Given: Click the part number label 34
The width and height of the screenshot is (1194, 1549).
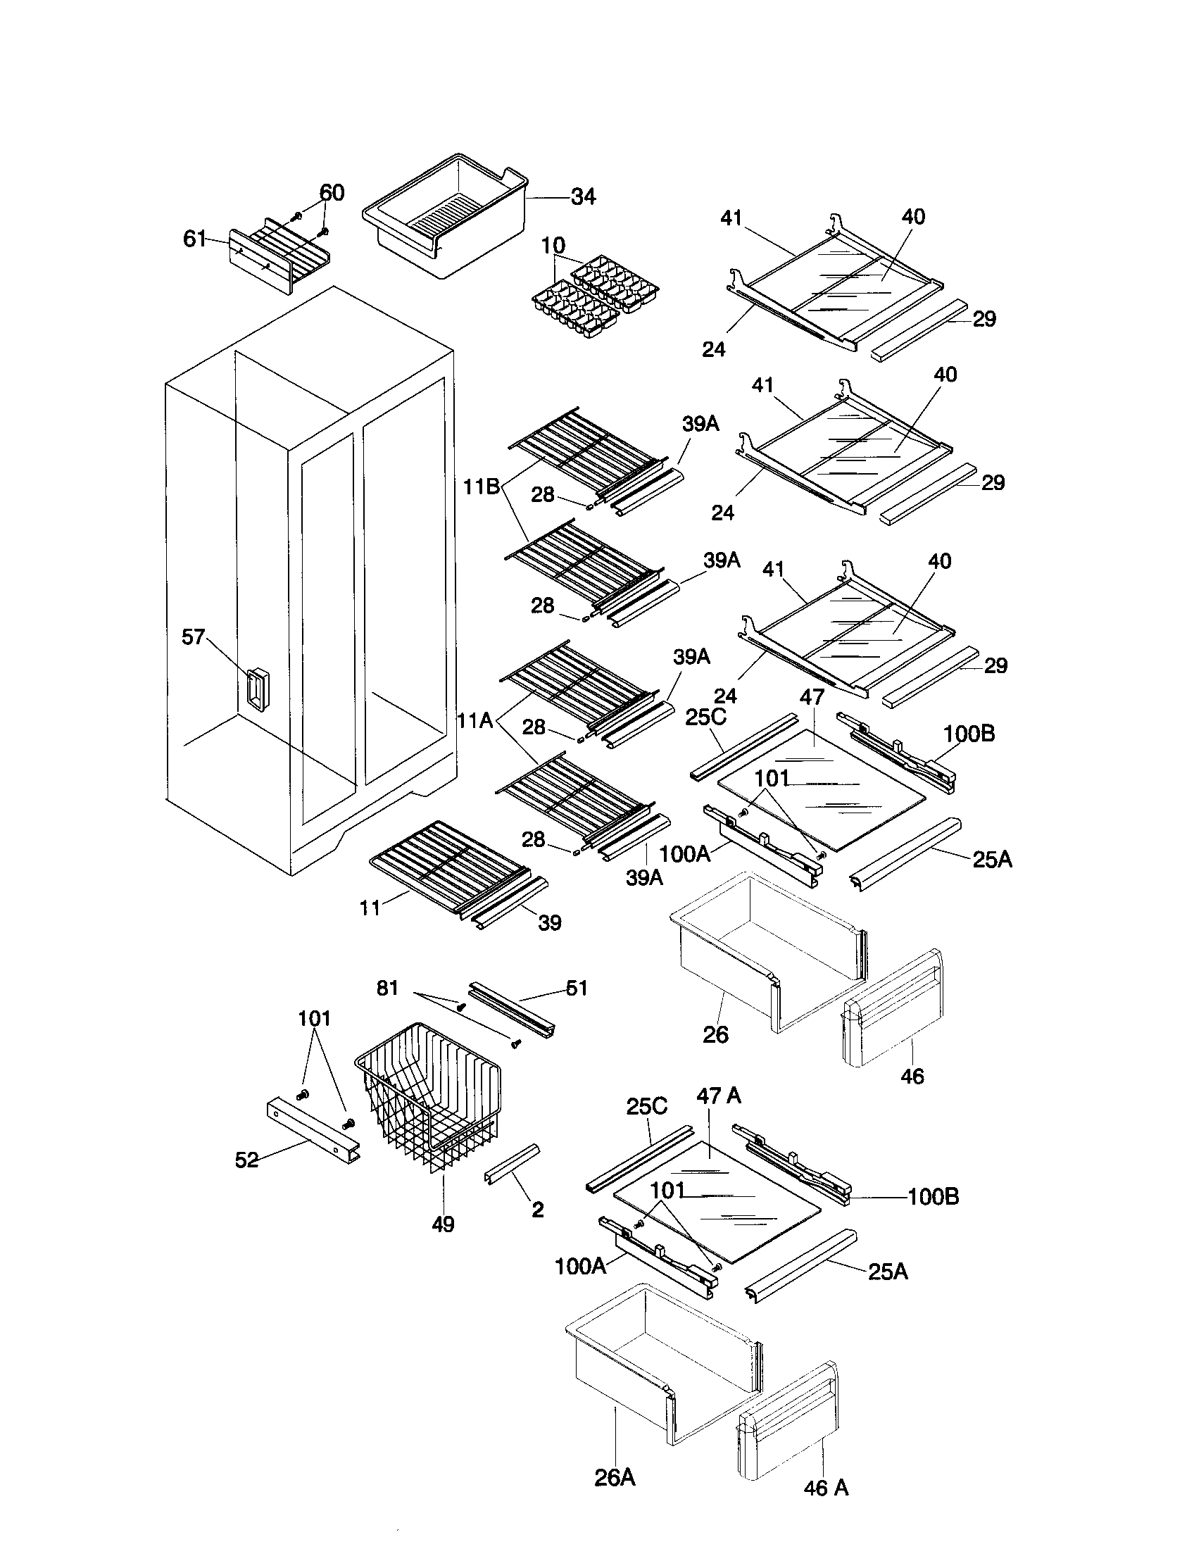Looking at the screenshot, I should [x=583, y=196].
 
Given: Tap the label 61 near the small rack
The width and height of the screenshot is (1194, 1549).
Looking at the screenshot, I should [x=194, y=239].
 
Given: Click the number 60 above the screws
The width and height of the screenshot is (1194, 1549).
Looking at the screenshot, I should [x=332, y=192].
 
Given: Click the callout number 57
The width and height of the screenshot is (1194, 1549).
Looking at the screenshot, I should [x=194, y=637].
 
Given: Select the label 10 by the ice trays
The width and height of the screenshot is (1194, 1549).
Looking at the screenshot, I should [x=553, y=246].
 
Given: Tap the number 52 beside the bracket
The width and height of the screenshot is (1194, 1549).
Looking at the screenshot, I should [x=246, y=1160].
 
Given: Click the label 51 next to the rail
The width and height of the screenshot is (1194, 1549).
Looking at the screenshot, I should [x=577, y=988].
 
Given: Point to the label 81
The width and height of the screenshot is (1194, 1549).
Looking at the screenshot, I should [x=387, y=988].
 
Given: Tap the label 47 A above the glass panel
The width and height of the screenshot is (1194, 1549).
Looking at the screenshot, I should [x=718, y=1096].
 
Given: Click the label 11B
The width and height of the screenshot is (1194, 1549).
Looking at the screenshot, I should [x=482, y=487].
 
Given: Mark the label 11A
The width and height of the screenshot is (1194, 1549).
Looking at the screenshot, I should [x=475, y=721].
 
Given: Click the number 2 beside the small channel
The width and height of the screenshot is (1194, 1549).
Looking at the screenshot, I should [x=538, y=1210].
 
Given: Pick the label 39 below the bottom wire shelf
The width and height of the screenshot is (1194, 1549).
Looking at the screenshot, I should [x=550, y=923].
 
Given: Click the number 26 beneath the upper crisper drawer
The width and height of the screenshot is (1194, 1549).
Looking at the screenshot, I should [x=715, y=1034].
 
